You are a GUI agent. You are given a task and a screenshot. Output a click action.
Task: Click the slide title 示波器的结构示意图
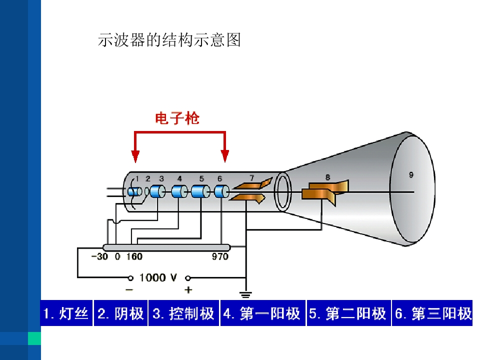point(169,40)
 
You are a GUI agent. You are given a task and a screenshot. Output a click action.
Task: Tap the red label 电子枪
point(177,118)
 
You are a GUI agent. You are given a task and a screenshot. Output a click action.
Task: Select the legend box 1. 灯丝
point(66,313)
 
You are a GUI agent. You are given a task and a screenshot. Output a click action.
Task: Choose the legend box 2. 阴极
point(120,313)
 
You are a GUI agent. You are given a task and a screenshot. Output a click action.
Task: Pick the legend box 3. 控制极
point(183,313)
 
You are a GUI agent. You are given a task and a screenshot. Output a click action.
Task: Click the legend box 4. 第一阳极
point(263,313)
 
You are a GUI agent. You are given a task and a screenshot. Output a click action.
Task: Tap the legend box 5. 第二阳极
point(348,313)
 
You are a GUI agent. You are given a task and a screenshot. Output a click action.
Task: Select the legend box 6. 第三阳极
point(432,313)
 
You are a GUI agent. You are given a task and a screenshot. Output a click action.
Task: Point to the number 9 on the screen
point(411,175)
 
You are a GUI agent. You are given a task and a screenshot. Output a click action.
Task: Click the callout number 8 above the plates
point(327,177)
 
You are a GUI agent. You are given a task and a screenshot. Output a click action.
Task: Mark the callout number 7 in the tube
point(251,178)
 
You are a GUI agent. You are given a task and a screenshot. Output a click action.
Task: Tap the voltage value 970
point(220,256)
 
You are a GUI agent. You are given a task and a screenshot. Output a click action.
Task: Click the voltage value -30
point(100,256)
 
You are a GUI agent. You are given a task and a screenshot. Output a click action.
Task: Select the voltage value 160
point(134,256)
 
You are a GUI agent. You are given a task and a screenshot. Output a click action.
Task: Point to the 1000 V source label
point(158,277)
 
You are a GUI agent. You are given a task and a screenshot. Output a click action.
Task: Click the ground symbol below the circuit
point(245,294)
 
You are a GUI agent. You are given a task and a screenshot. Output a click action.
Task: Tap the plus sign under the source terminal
point(188,289)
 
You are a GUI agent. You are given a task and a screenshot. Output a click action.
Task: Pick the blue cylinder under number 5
point(200,192)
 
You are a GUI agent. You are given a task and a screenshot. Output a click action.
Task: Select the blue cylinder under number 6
point(221,192)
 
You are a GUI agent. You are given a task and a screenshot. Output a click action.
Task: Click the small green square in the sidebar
point(34,338)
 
